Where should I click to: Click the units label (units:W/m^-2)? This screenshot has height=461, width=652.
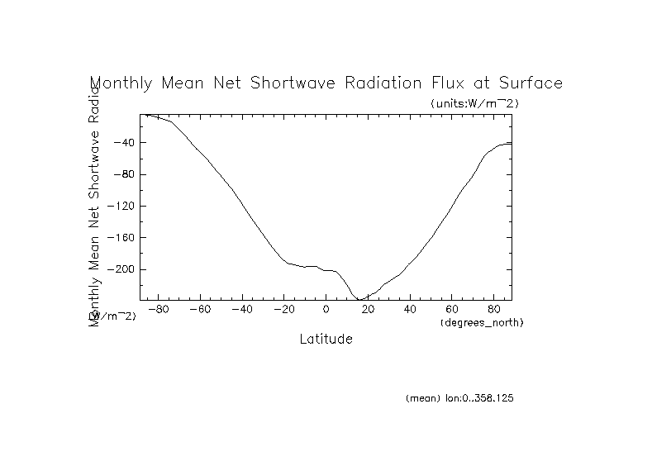474,103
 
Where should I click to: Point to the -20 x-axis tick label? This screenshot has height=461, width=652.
283,310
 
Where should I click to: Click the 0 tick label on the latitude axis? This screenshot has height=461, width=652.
326,310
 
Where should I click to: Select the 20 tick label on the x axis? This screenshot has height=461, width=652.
369,310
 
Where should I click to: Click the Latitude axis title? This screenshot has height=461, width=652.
326,339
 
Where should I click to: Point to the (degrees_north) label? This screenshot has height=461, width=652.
482,321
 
